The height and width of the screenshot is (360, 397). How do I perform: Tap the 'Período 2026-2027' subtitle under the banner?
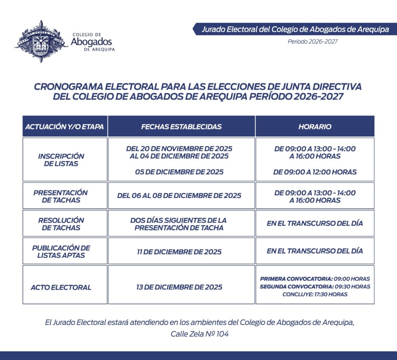(x=312, y=41)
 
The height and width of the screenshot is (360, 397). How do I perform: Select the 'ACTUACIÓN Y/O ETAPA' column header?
(x=64, y=127)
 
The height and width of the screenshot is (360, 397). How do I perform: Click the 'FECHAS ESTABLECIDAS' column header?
(x=181, y=127)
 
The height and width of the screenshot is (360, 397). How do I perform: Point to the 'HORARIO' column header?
(x=315, y=127)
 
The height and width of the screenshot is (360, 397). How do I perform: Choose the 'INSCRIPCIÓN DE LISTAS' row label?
(x=61, y=160)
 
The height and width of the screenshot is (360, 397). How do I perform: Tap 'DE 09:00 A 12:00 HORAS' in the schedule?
(x=315, y=172)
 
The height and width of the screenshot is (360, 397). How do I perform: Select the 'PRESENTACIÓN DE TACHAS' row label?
(x=61, y=196)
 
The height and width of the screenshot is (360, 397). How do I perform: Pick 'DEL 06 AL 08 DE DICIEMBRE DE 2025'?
(x=179, y=196)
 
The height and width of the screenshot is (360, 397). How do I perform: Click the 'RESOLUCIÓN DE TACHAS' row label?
(x=61, y=224)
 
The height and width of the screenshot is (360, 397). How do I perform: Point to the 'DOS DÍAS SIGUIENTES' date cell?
(x=179, y=224)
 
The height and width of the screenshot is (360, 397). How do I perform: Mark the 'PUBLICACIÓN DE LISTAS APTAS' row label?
(x=61, y=251)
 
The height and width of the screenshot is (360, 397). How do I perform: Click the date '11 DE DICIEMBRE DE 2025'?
(x=179, y=251)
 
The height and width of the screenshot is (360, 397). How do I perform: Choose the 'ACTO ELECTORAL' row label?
(x=61, y=287)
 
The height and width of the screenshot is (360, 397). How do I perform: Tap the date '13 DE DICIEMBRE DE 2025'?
(x=179, y=287)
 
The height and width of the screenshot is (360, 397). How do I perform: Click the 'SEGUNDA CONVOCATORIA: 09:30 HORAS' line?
(x=315, y=287)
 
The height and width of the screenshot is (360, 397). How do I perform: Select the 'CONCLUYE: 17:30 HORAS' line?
(x=315, y=295)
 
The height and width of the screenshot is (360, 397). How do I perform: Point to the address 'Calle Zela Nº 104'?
(x=200, y=334)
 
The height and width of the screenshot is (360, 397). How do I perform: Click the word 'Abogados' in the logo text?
(x=91, y=42)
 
